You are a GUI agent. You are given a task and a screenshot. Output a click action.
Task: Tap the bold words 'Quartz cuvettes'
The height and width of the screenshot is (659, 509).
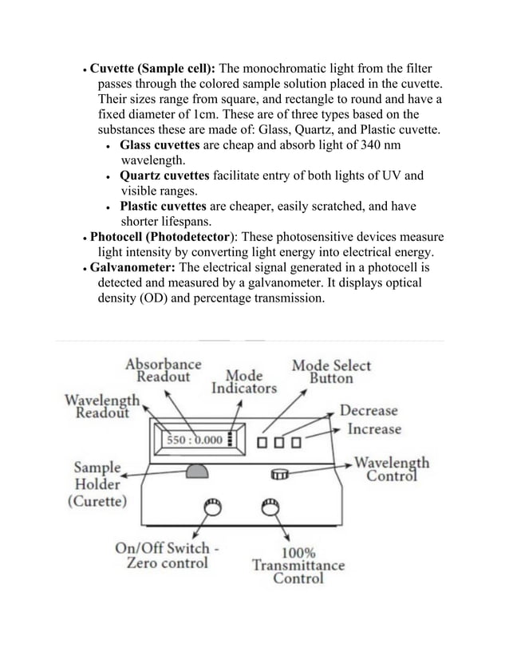tap(165, 176)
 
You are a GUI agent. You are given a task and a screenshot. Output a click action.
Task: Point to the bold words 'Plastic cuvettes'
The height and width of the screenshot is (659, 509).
tap(164, 207)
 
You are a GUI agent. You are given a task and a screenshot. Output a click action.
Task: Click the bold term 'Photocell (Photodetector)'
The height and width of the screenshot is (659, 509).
tap(162, 237)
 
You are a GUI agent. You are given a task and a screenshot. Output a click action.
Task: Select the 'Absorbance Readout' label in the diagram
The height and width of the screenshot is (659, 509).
tap(164, 370)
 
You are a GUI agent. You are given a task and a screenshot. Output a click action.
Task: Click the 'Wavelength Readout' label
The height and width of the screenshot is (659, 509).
tap(103, 405)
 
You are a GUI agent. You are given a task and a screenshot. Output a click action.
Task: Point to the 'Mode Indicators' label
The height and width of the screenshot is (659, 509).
tap(244, 381)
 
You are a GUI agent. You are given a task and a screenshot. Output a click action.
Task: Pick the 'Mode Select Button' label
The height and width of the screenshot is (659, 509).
tap(331, 372)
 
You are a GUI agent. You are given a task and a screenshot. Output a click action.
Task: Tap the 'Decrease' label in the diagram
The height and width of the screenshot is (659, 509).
tap(369, 411)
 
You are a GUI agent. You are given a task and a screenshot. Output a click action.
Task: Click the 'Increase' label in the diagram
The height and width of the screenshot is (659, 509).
tap(374, 429)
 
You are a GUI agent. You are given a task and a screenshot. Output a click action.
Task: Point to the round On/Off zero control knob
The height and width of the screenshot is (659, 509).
tap(213, 507)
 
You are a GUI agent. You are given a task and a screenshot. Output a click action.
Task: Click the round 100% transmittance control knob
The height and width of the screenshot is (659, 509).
tap(270, 506)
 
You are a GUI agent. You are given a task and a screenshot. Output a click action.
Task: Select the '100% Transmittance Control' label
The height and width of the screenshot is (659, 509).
tap(298, 565)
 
